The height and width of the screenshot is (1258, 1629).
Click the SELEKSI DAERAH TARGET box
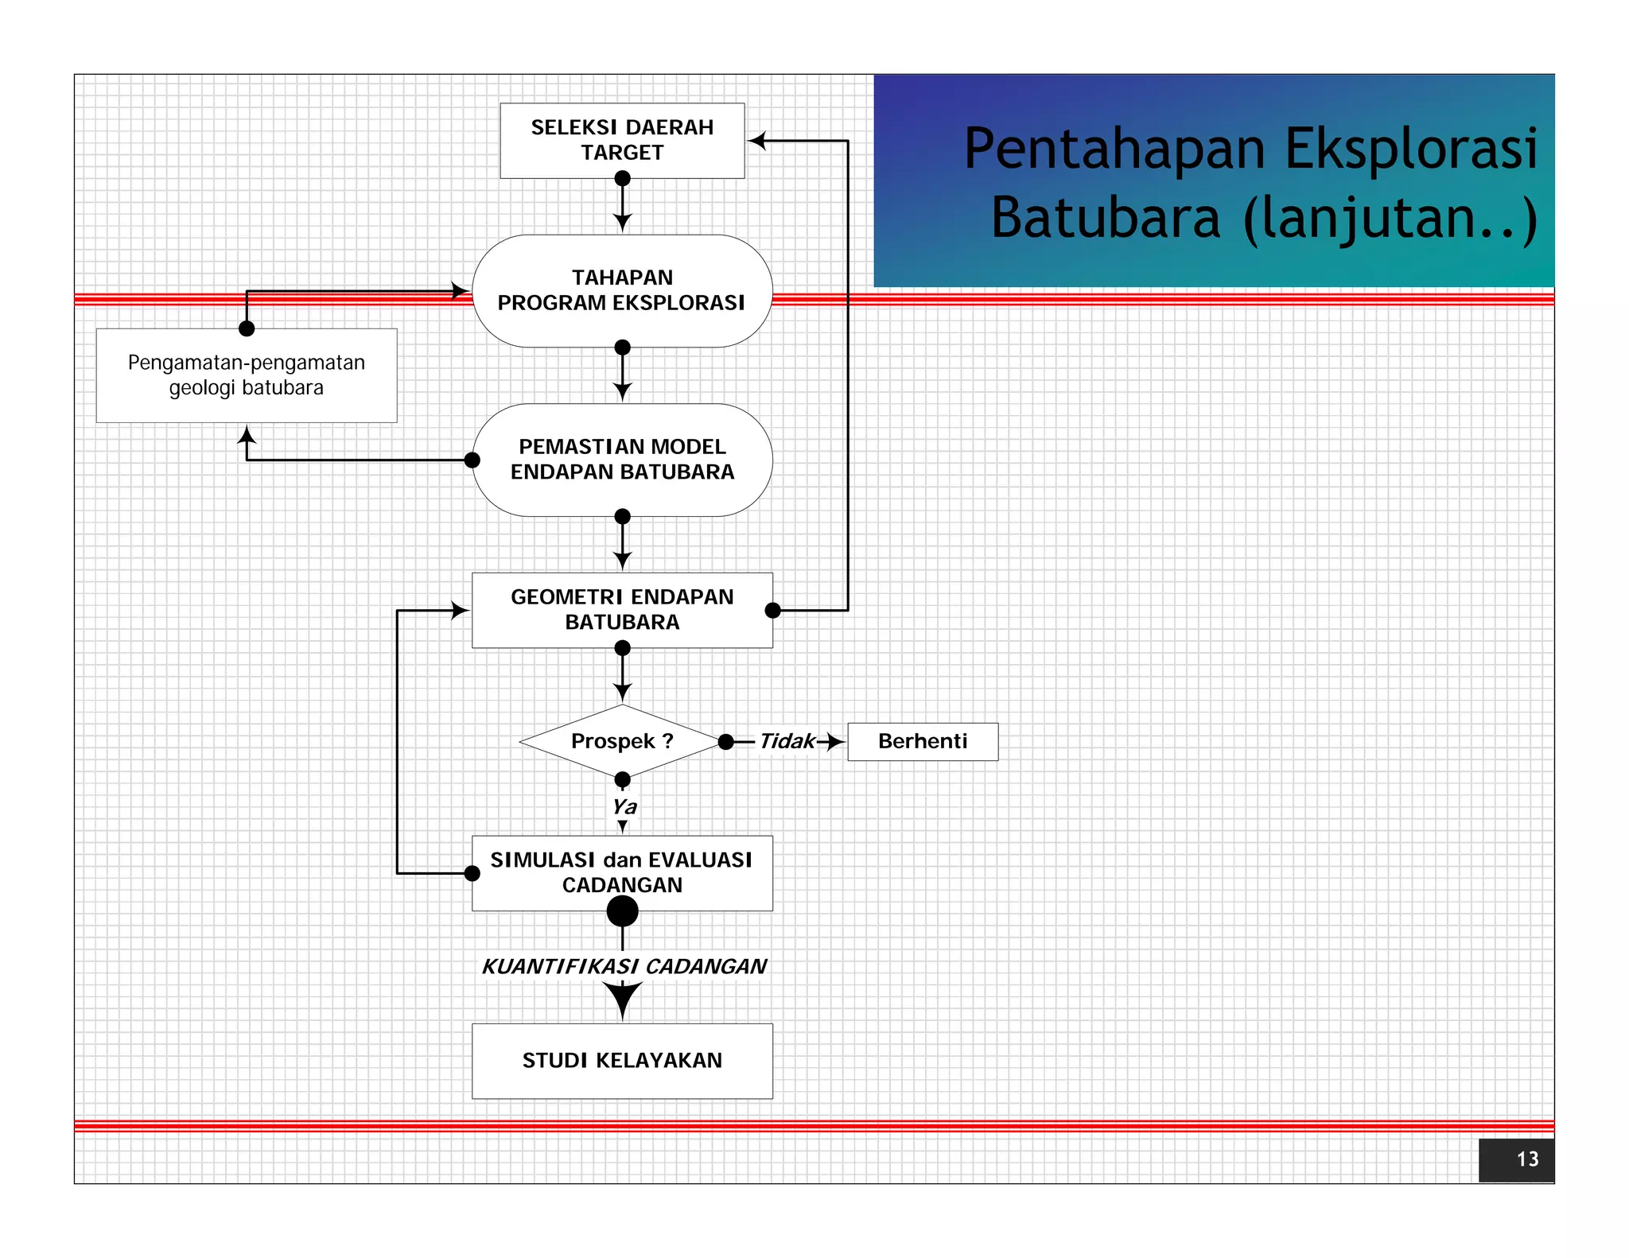[x=622, y=140]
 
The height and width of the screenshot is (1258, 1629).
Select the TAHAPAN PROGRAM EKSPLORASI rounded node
[x=622, y=290]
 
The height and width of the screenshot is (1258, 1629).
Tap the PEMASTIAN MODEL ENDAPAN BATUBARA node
[x=622, y=460]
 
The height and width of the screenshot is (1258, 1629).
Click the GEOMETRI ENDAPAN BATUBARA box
[x=622, y=610]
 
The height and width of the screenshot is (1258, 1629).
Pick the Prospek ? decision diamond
[x=622, y=741]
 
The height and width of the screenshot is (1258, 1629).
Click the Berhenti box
[x=923, y=741]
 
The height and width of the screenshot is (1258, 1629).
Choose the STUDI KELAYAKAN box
[x=622, y=1061]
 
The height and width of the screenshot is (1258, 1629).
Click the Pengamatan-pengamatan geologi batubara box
[x=247, y=375]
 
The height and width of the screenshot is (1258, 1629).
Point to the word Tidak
[x=787, y=741]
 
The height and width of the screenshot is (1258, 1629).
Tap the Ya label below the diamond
[x=624, y=806]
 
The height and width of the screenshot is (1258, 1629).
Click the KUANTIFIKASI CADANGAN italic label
[x=624, y=966]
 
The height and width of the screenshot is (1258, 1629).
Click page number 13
[x=1526, y=1159]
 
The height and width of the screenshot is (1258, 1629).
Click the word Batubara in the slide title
[x=1106, y=218]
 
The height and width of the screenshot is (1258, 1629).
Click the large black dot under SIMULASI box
[x=622, y=911]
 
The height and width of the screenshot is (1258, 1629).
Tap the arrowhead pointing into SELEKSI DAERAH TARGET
[x=757, y=141]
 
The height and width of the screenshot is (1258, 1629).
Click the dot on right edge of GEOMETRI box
[x=772, y=611]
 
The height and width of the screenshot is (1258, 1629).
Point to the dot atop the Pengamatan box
[x=247, y=328]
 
